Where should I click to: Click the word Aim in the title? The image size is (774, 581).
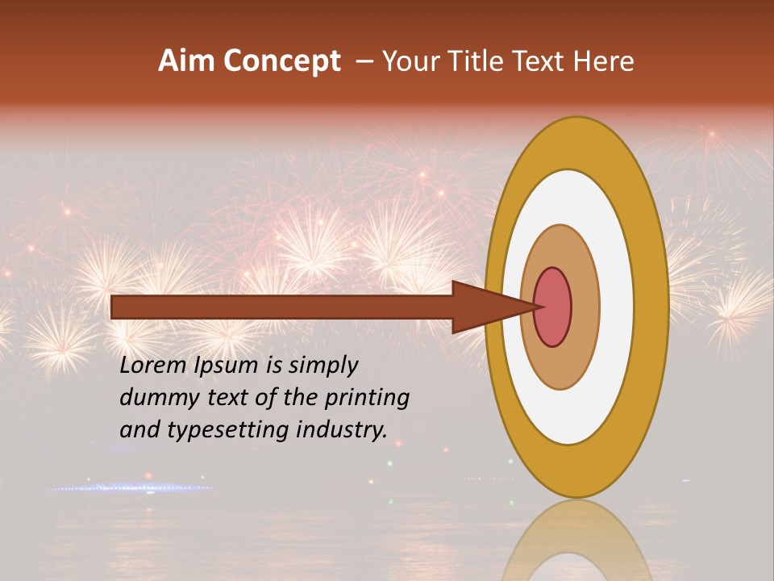tap(185, 61)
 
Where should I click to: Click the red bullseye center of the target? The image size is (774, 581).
tap(553, 307)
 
